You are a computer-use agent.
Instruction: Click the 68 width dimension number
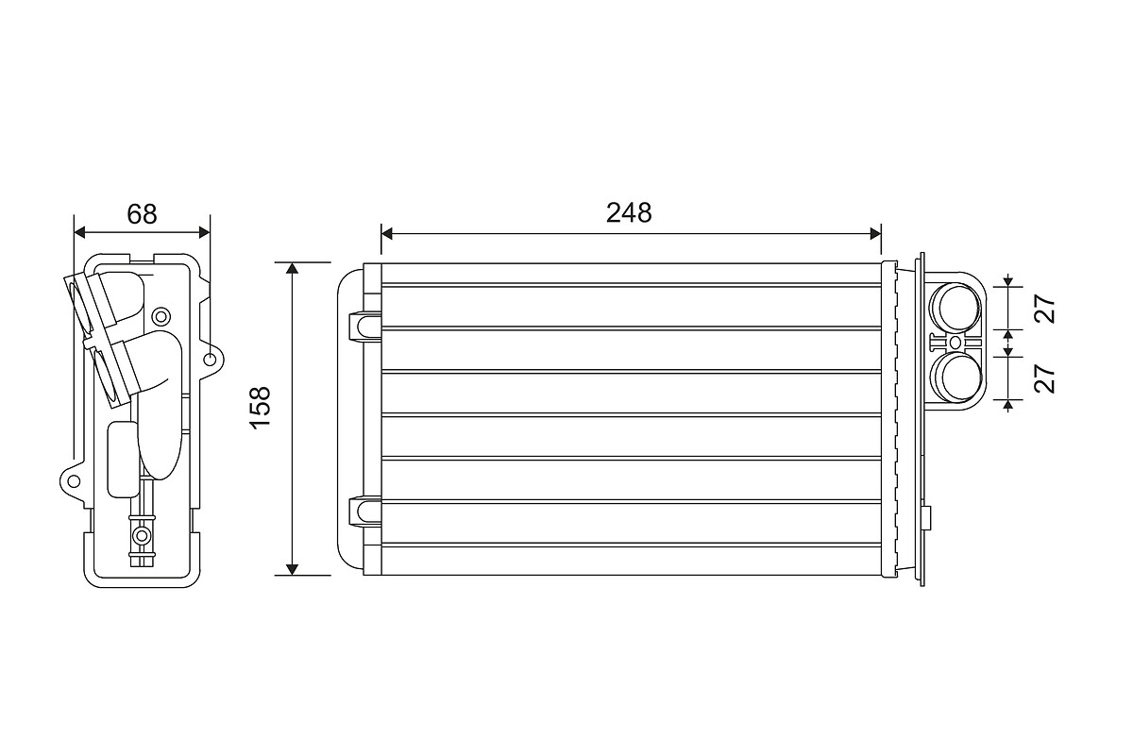coord(142,214)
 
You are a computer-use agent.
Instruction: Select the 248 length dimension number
coord(629,213)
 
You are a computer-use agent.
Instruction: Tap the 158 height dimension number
coord(261,407)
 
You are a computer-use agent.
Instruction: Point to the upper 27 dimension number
coord(1045,310)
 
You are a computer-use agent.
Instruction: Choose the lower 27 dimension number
coord(1045,378)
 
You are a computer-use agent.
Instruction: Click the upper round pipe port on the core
coord(955,306)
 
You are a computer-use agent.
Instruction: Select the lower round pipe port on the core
coord(955,376)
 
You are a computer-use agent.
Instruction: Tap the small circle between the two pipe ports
coord(955,341)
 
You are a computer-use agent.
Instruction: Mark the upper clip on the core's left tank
coord(363,325)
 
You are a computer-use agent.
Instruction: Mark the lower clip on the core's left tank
coord(363,511)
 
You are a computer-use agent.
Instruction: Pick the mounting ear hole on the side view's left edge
coord(73,479)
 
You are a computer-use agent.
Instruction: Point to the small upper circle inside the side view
coord(161,315)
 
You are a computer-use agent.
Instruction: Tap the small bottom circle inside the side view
coord(142,536)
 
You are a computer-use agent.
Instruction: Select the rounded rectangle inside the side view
coord(123,459)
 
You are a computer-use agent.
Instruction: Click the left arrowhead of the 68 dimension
coord(80,231)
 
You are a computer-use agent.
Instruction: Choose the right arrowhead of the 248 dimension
coord(873,232)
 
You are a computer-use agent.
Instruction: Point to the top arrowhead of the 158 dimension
coord(293,269)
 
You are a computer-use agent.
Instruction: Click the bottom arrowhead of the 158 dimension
coord(293,568)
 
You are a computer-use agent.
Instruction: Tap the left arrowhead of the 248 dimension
coord(388,232)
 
